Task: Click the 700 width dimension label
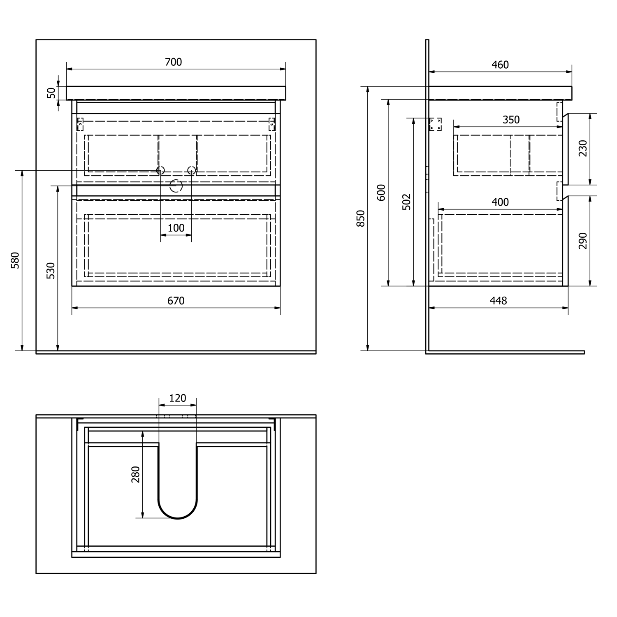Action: click(173, 62)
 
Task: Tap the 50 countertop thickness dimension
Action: click(51, 93)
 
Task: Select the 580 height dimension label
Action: click(15, 260)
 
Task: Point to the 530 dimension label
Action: click(51, 271)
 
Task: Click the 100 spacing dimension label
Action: click(176, 228)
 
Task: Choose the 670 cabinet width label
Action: click(176, 301)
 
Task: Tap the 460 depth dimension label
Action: click(500, 65)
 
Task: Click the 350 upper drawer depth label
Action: click(511, 120)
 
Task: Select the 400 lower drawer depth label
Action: click(500, 202)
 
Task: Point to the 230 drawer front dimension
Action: click(583, 148)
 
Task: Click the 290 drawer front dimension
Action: click(583, 241)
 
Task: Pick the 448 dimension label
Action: click(498, 301)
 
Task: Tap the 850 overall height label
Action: click(361, 218)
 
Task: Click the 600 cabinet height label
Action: click(381, 193)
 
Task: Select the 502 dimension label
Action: click(406, 202)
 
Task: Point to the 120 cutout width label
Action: click(178, 398)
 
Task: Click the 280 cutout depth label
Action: click(135, 474)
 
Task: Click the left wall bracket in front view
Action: click(80, 124)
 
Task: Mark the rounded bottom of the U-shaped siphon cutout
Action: click(178, 519)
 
